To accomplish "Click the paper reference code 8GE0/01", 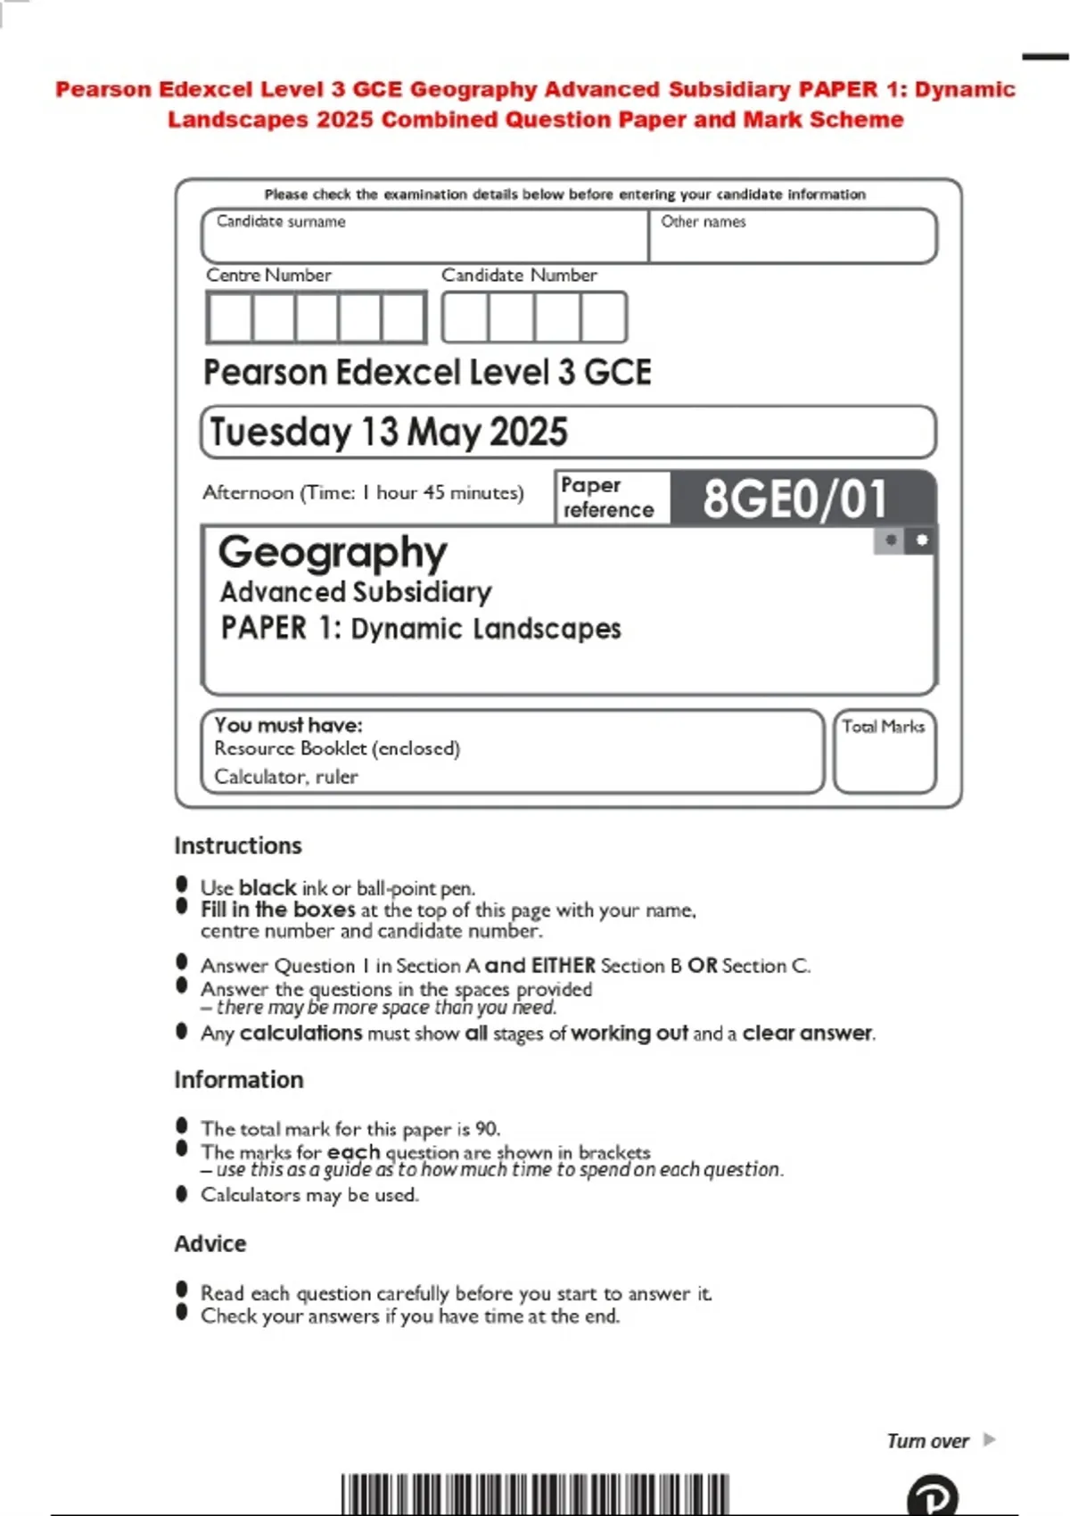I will pyautogui.click(x=794, y=498).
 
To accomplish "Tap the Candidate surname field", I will pyautogui.click(x=424, y=237).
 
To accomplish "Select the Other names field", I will pyautogui.click(x=793, y=237).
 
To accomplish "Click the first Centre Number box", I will pyautogui.click(x=230, y=317).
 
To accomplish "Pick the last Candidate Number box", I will pyautogui.click(x=604, y=317).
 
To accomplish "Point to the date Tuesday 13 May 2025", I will pyautogui.click(x=389, y=433).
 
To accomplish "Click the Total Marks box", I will pyautogui.click(x=885, y=752).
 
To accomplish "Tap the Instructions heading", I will pyautogui.click(x=238, y=845).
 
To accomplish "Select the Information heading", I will pyautogui.click(x=239, y=1080).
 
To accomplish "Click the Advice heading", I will pyautogui.click(x=210, y=1244).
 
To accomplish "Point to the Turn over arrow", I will pyautogui.click(x=989, y=1439).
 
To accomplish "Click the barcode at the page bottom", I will pyautogui.click(x=535, y=1495).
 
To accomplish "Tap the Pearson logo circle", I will pyautogui.click(x=933, y=1496).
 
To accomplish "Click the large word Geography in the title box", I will pyautogui.click(x=333, y=553).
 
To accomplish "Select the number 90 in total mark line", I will pyautogui.click(x=486, y=1129).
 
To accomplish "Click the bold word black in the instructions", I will pyautogui.click(x=267, y=888).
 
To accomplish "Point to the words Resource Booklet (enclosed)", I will pyautogui.click(x=337, y=748).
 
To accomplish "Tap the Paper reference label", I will pyautogui.click(x=608, y=498).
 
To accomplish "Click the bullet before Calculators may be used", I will pyautogui.click(x=182, y=1193).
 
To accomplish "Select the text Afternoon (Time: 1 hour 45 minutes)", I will pyautogui.click(x=363, y=492).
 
